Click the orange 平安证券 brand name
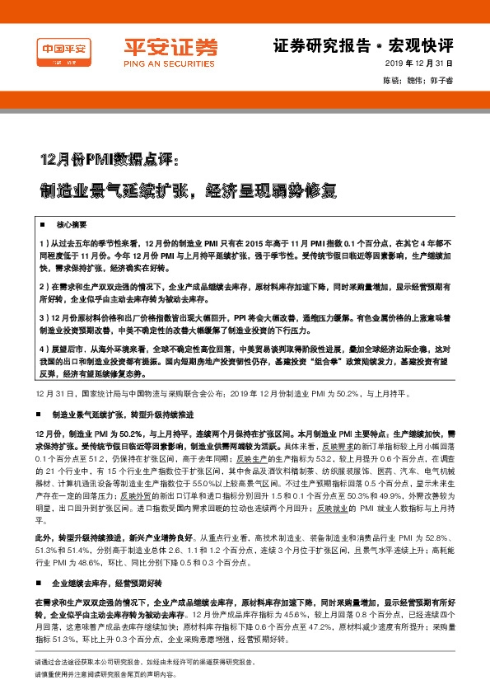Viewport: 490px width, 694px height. [x=159, y=46]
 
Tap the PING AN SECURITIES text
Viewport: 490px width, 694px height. [x=159, y=61]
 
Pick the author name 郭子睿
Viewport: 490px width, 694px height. [x=441, y=81]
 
